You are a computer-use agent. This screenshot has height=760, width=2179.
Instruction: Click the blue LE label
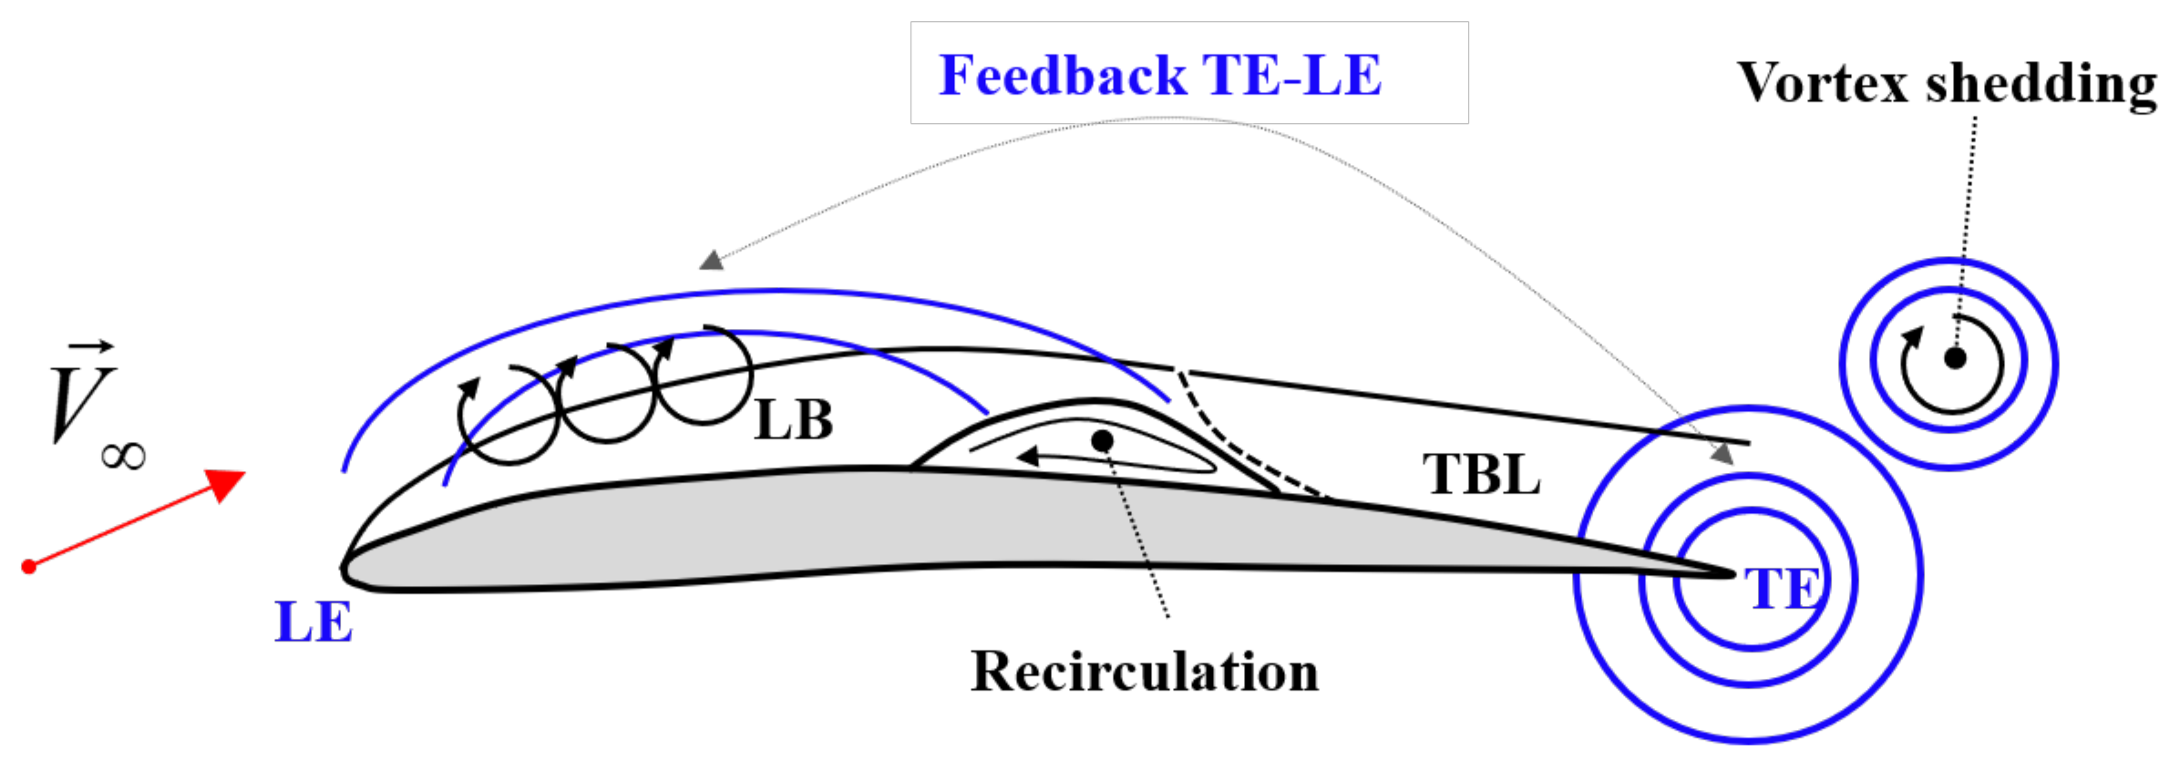pyautogui.click(x=313, y=622)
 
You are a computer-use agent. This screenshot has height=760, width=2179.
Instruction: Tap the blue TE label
pyautogui.click(x=1783, y=589)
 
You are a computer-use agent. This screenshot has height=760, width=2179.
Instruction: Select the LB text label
pyautogui.click(x=794, y=420)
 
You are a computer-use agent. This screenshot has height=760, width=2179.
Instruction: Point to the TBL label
pyautogui.click(x=1481, y=475)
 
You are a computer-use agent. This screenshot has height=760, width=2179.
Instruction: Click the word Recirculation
pyautogui.click(x=1145, y=673)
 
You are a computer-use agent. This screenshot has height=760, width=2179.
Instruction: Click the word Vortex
pyautogui.click(x=1822, y=83)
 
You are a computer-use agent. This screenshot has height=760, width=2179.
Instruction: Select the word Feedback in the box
pyautogui.click(x=1063, y=75)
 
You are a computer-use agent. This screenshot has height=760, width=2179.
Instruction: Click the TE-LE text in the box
pyautogui.click(x=1291, y=75)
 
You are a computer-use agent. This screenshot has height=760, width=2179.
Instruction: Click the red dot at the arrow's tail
pyautogui.click(x=29, y=567)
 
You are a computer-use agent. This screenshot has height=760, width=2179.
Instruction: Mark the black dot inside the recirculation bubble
pyautogui.click(x=1102, y=441)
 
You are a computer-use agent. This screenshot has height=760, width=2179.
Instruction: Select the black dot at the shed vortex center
pyautogui.click(x=1954, y=358)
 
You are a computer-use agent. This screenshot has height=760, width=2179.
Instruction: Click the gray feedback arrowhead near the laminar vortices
pyautogui.click(x=712, y=261)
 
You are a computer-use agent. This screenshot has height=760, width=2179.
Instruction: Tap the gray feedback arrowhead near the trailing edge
pyautogui.click(x=1722, y=453)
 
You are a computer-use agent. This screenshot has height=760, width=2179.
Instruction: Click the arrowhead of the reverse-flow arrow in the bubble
pyautogui.click(x=1028, y=455)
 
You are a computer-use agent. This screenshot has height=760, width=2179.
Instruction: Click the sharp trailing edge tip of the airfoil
pyautogui.click(x=1731, y=574)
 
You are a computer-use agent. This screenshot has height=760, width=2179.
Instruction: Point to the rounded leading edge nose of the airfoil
pyautogui.click(x=345, y=570)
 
